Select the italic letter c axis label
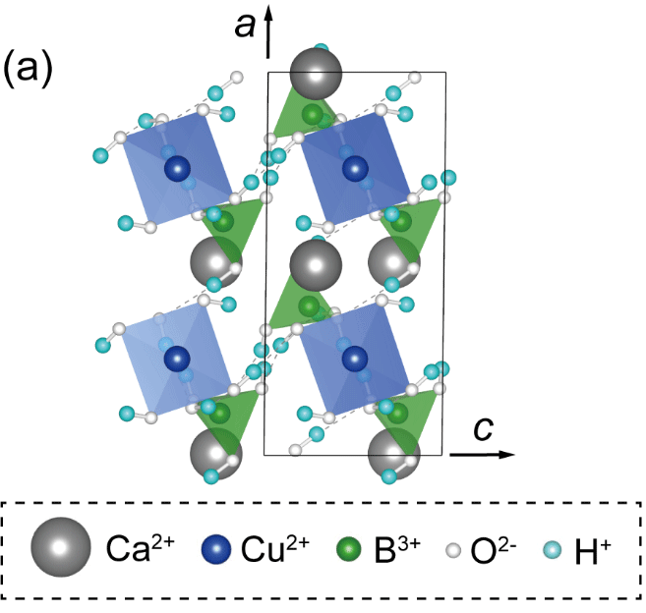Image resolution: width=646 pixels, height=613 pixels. (x=483, y=429)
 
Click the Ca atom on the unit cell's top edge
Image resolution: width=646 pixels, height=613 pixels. (x=317, y=74)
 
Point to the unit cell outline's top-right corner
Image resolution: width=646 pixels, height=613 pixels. (x=446, y=73)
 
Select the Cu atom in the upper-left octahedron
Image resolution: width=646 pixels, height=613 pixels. (x=177, y=168)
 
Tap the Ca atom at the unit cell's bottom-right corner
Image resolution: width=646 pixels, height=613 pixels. (x=393, y=455)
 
